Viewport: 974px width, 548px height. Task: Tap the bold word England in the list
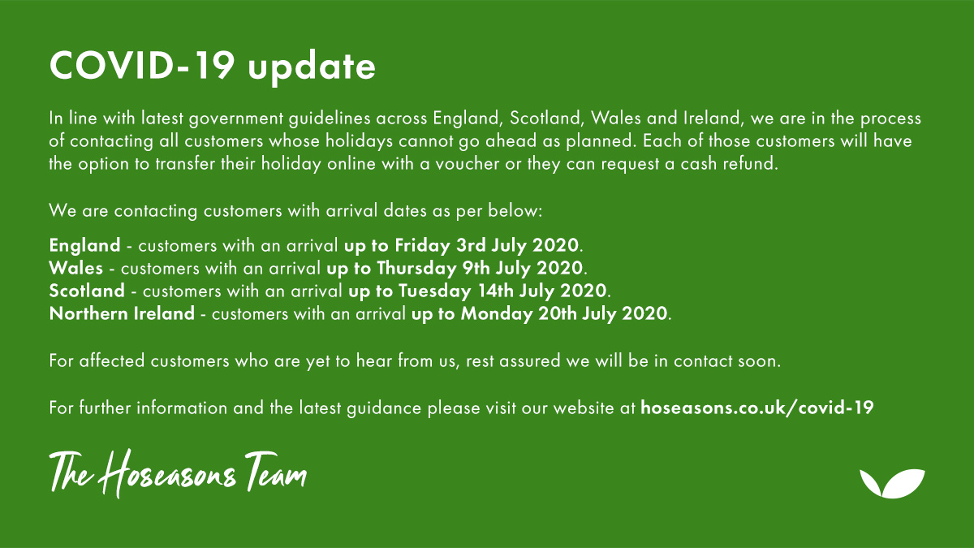tap(84, 244)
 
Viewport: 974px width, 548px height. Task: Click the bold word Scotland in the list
tap(87, 290)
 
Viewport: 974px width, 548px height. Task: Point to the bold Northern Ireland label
tap(122, 313)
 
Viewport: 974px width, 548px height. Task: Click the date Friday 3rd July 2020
tap(488, 244)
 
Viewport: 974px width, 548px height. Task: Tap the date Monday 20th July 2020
tap(565, 313)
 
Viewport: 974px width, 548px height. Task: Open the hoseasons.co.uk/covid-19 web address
tap(756, 408)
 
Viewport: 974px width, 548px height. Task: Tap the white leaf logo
tap(891, 483)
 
